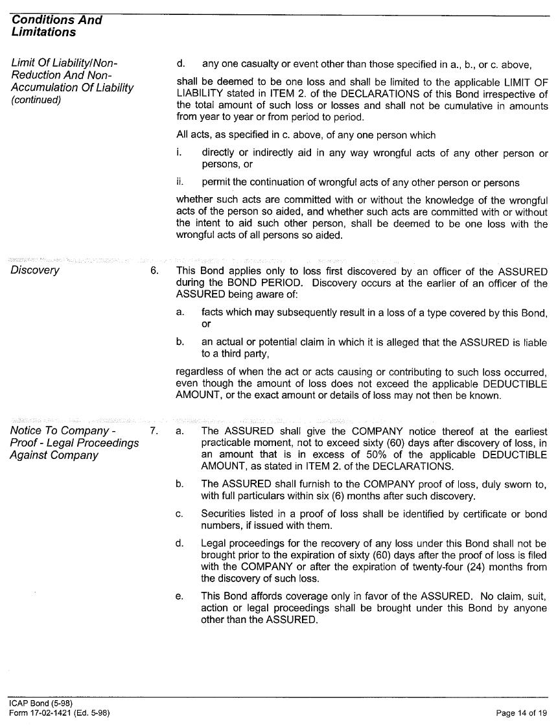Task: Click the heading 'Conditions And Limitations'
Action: point(56,26)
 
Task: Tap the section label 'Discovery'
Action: point(35,270)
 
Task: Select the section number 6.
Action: point(154,270)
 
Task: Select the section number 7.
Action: point(154,431)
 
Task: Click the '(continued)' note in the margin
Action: point(36,100)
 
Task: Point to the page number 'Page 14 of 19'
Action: point(521,713)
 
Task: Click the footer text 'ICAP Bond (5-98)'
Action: point(41,703)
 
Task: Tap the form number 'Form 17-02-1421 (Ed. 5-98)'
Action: point(59,713)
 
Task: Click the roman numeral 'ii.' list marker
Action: point(180,183)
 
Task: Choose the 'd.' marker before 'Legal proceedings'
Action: point(180,543)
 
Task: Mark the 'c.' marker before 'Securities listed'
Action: point(180,514)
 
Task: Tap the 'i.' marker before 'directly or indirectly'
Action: point(179,154)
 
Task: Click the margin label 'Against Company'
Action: point(54,455)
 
